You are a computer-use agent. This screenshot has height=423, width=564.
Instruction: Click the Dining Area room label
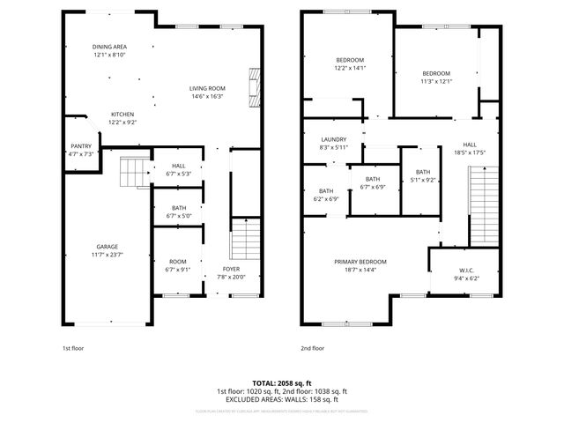(x=110, y=47)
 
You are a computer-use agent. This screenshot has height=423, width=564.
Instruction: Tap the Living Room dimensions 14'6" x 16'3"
(x=208, y=97)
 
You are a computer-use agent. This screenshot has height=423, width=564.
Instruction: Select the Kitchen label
(x=122, y=115)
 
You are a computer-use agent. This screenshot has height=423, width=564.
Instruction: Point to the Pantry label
(x=80, y=146)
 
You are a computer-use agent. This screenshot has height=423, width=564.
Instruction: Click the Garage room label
(x=108, y=247)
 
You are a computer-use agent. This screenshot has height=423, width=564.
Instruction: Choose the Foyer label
(x=231, y=270)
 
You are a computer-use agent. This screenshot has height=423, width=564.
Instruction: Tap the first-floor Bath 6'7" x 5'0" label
(x=179, y=209)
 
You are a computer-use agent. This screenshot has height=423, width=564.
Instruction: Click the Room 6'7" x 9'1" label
(x=178, y=262)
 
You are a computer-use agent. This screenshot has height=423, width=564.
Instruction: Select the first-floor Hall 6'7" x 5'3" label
(x=179, y=165)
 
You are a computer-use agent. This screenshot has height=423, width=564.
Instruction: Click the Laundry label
(x=333, y=139)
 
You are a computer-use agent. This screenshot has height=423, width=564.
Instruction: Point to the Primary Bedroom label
(x=360, y=262)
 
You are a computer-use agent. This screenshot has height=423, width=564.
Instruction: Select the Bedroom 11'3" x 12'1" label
(x=436, y=73)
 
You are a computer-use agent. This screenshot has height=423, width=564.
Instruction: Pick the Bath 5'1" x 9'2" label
(x=423, y=173)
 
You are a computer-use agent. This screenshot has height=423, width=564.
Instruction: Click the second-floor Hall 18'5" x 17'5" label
(x=469, y=145)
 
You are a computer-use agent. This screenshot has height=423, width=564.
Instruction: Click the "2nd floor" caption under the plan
(x=313, y=348)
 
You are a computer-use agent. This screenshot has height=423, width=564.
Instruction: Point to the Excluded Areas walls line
(x=282, y=399)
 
